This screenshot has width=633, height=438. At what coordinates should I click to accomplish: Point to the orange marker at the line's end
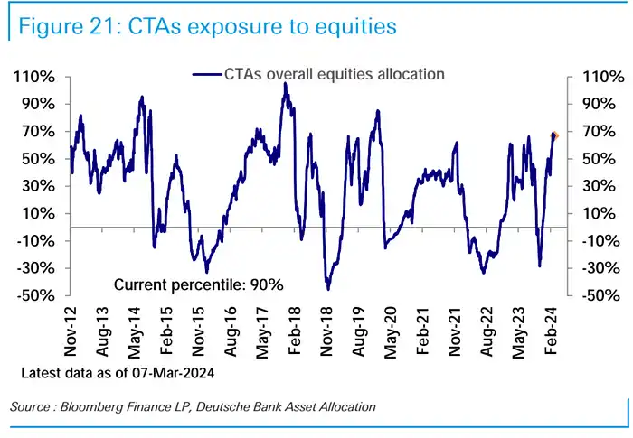pos(555,135)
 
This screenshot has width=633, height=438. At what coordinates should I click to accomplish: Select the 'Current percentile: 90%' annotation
pos(199,284)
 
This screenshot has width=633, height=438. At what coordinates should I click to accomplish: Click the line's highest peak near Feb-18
pos(285,84)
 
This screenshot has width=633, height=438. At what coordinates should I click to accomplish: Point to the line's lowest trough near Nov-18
pos(327,289)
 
